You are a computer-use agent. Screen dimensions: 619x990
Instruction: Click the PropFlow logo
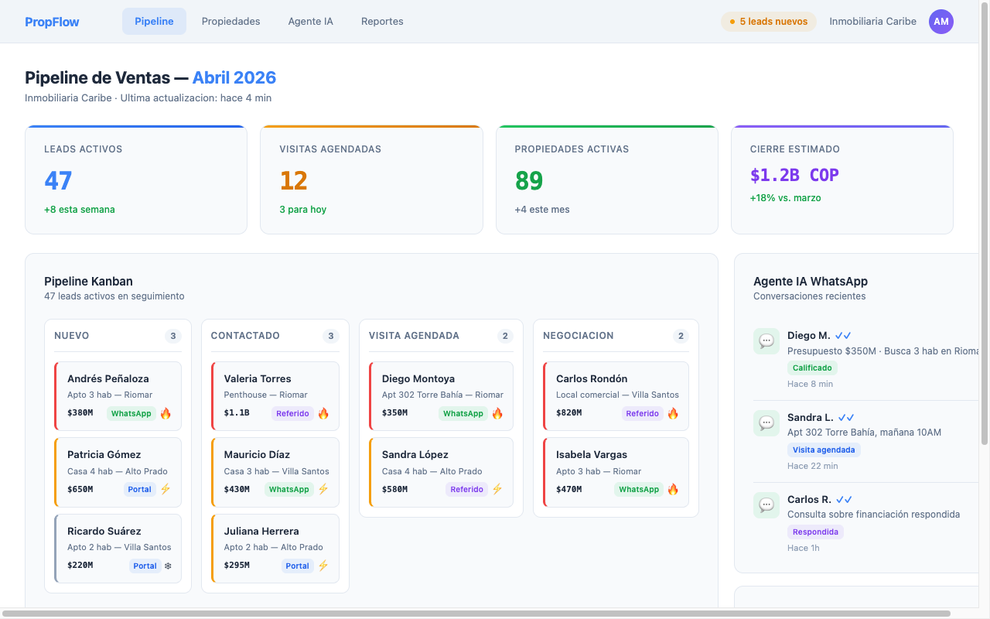coord(52,22)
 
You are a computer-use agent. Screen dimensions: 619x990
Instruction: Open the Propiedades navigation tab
coord(230,22)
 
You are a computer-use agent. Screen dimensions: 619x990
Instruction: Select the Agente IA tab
coord(310,22)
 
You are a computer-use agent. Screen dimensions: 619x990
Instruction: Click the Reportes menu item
coord(382,22)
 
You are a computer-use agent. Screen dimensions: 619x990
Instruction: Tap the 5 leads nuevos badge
coord(768,22)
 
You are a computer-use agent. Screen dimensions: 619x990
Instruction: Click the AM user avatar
coord(940,22)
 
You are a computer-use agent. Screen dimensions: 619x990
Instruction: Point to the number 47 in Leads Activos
coord(58,180)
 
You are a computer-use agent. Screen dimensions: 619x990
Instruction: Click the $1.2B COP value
coord(794,176)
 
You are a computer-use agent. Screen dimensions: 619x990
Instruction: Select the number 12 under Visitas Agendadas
coord(293,180)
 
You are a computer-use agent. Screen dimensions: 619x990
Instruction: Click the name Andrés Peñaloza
coord(108,378)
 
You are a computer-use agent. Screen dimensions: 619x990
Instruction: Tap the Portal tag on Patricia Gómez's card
coord(140,489)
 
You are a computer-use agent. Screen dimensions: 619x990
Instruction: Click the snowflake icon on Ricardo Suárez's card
coord(167,566)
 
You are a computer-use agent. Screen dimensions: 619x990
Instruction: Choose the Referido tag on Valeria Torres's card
coord(292,413)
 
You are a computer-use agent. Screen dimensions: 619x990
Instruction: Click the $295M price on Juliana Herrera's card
coord(237,566)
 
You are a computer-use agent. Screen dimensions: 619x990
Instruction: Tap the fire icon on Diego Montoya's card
coord(497,413)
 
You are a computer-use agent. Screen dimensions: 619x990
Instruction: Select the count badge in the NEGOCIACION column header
coord(681,336)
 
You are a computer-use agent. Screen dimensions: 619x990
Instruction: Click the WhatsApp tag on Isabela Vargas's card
coord(639,489)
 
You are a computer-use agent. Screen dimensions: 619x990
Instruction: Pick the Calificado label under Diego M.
coord(812,368)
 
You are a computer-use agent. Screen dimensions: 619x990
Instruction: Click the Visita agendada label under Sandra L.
coord(824,450)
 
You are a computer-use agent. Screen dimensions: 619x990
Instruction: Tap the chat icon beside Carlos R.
coord(766,505)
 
